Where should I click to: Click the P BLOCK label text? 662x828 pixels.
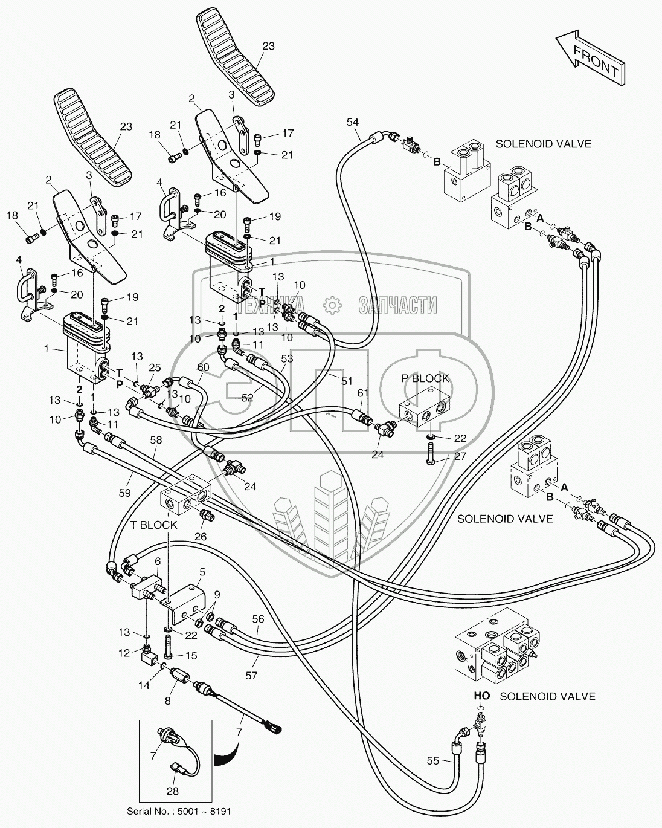[425, 378]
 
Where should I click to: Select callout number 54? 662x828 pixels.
[353, 122]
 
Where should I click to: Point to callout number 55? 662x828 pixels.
[432, 762]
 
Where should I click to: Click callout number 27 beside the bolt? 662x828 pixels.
[460, 456]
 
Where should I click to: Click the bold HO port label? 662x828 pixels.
[481, 696]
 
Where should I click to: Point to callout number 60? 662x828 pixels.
[203, 367]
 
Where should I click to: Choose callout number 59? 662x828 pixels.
[124, 493]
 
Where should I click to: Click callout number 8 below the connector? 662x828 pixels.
[169, 702]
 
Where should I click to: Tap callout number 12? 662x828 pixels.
[124, 653]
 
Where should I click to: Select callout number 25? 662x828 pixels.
[155, 367]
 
